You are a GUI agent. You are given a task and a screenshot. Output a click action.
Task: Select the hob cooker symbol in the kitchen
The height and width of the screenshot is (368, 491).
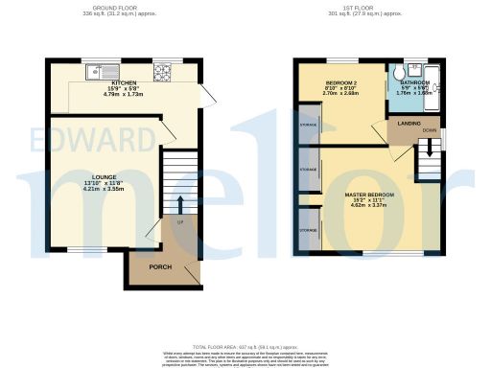pyautogui.click(x=161, y=72)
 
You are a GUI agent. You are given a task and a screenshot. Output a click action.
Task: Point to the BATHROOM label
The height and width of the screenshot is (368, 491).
pyautogui.click(x=415, y=83)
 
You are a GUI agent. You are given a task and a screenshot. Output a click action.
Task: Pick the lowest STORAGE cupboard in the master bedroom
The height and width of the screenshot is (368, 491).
pyautogui.click(x=309, y=231)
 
